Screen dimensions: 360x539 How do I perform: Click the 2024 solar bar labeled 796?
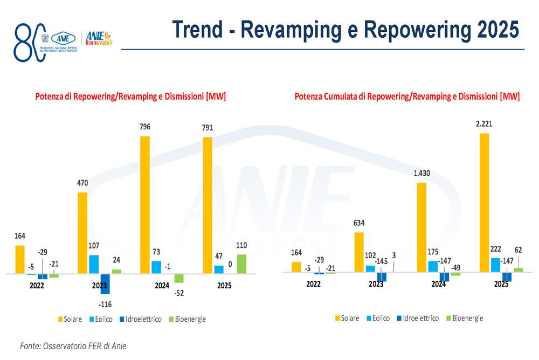(x=144, y=205)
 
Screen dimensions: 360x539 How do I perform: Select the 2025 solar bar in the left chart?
(x=208, y=206)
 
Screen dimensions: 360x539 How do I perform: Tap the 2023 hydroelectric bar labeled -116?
(x=105, y=283)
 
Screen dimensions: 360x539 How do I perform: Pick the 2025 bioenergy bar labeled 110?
(x=241, y=264)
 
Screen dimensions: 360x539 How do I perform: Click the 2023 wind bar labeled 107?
(x=94, y=265)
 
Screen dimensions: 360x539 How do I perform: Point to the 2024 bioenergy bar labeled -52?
(x=179, y=279)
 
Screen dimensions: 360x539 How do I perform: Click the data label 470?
(x=82, y=183)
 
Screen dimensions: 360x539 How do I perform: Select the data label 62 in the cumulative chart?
(x=518, y=249)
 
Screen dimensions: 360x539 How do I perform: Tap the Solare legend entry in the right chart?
(x=347, y=318)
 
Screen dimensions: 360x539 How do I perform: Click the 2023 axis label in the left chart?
(x=99, y=286)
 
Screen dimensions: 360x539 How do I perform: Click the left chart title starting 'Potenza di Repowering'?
(x=130, y=97)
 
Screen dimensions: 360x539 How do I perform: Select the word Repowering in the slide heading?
(x=410, y=30)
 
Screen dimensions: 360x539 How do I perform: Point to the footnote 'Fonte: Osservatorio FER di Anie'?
(x=73, y=346)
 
